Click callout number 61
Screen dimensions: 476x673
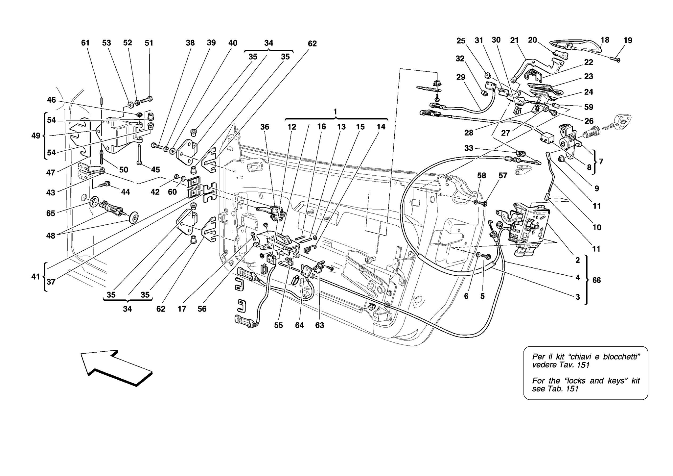[x=85, y=43]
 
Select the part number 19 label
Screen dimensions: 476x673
[x=628, y=40]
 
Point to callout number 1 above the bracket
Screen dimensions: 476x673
[x=335, y=112]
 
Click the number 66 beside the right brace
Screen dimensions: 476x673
[x=596, y=280]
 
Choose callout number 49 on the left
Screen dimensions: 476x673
[x=36, y=136]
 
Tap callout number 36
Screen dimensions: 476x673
[x=265, y=127]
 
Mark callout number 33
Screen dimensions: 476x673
[x=469, y=148]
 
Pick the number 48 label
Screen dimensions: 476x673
[x=51, y=236]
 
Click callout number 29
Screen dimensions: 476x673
[x=461, y=77]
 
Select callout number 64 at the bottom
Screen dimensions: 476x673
[x=299, y=325]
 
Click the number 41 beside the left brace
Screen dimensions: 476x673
[x=35, y=277]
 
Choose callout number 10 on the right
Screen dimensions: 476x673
[x=596, y=227]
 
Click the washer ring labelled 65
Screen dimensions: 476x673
[x=94, y=201]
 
